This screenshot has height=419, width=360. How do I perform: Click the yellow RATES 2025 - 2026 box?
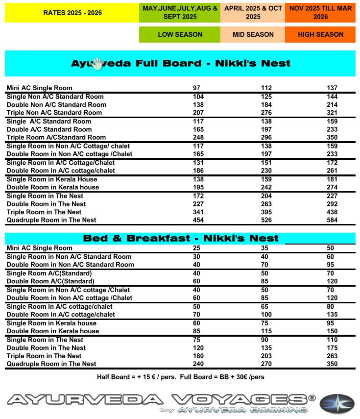coord(72,13)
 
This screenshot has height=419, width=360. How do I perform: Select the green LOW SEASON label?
coord(180,35)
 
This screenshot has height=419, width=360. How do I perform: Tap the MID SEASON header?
coord(253,35)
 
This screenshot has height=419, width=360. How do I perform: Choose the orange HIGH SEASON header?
coord(320,35)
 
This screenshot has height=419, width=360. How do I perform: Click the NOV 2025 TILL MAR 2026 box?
coord(320,13)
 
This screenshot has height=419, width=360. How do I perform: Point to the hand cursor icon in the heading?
coord(98,63)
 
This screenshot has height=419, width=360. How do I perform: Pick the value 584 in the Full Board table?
coord(332,220)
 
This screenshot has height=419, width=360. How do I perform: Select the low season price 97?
coord(197,88)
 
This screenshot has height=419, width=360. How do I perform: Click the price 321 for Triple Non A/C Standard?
coord(332,113)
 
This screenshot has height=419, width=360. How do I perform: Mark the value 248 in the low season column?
coord(198,137)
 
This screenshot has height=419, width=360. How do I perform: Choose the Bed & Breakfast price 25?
coord(196,248)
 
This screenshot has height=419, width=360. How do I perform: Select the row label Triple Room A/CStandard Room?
coord(56,137)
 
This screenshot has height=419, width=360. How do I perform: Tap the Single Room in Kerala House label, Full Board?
coord(52,179)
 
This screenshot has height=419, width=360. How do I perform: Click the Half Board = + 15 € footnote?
coord(181,377)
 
